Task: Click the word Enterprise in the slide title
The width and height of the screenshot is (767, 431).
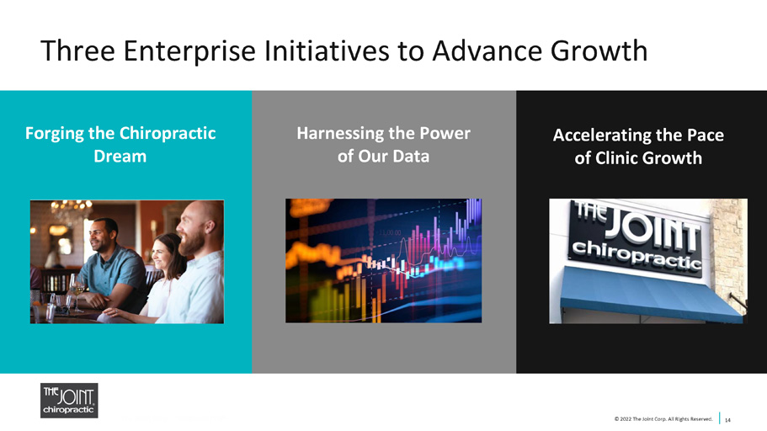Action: (189, 51)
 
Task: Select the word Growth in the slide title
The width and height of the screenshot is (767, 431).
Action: (599, 51)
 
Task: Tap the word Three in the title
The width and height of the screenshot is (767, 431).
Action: (77, 51)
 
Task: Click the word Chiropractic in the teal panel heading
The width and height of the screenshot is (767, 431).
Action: (168, 134)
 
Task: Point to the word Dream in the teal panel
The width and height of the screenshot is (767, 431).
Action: (120, 156)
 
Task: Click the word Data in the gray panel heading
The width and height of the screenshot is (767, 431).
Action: (411, 156)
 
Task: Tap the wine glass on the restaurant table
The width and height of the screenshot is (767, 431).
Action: (77, 292)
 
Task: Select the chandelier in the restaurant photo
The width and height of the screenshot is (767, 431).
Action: (72, 208)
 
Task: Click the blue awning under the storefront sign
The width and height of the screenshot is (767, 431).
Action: (651, 296)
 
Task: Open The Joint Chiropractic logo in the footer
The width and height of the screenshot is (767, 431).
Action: (69, 401)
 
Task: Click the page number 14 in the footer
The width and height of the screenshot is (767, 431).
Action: (728, 420)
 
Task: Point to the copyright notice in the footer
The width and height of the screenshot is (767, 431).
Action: (663, 418)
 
